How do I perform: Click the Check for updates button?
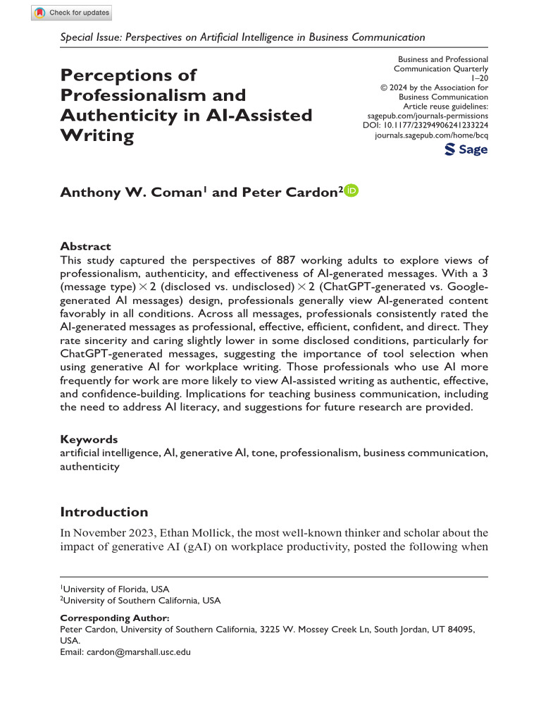pos(71,13)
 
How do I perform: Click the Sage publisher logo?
pos(466,149)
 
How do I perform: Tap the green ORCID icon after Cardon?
pos(352,191)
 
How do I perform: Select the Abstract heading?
pos(85,246)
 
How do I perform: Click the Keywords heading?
pos(89,439)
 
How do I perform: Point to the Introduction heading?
pos(104,512)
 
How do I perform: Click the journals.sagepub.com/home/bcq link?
pos(432,133)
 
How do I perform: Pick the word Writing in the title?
pos(97,135)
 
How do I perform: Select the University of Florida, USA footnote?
pos(115,589)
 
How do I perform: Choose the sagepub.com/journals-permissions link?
pos(428,115)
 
